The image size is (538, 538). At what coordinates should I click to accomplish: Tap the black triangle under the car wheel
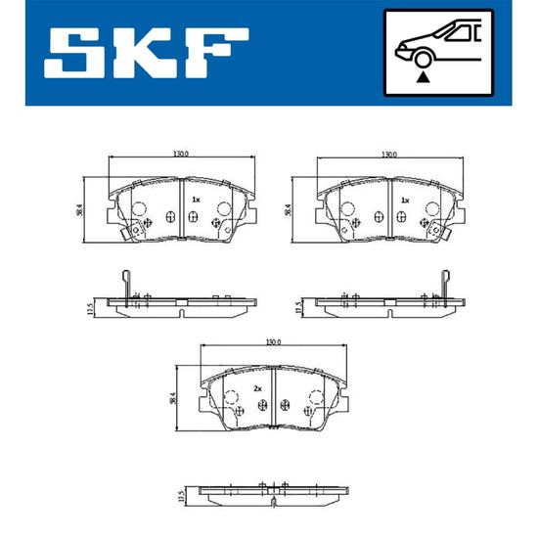[x=423, y=77]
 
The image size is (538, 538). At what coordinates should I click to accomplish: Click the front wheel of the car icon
[x=423, y=59]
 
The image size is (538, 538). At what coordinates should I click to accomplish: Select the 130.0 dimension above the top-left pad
[x=181, y=154]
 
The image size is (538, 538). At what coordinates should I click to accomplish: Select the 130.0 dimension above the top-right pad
[x=389, y=155]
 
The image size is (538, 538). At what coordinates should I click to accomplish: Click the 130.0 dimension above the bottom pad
[x=274, y=342]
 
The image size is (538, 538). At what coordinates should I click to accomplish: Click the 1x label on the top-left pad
[x=196, y=200]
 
